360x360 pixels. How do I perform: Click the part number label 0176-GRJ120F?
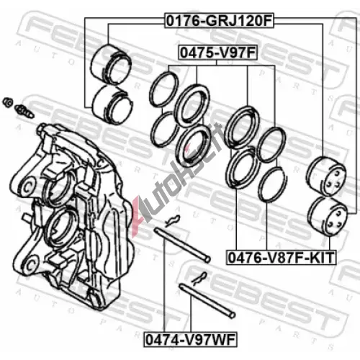coord(219,21)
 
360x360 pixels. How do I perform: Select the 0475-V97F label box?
coord(217,53)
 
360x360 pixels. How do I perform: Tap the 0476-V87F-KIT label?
coord(282,258)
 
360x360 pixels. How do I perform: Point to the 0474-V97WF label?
coord(190,340)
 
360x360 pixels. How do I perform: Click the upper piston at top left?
coord(111,64)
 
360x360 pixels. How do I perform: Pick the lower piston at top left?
coord(112,104)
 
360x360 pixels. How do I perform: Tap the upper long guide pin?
coord(182,245)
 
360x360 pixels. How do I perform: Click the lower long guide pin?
coord(207,301)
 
